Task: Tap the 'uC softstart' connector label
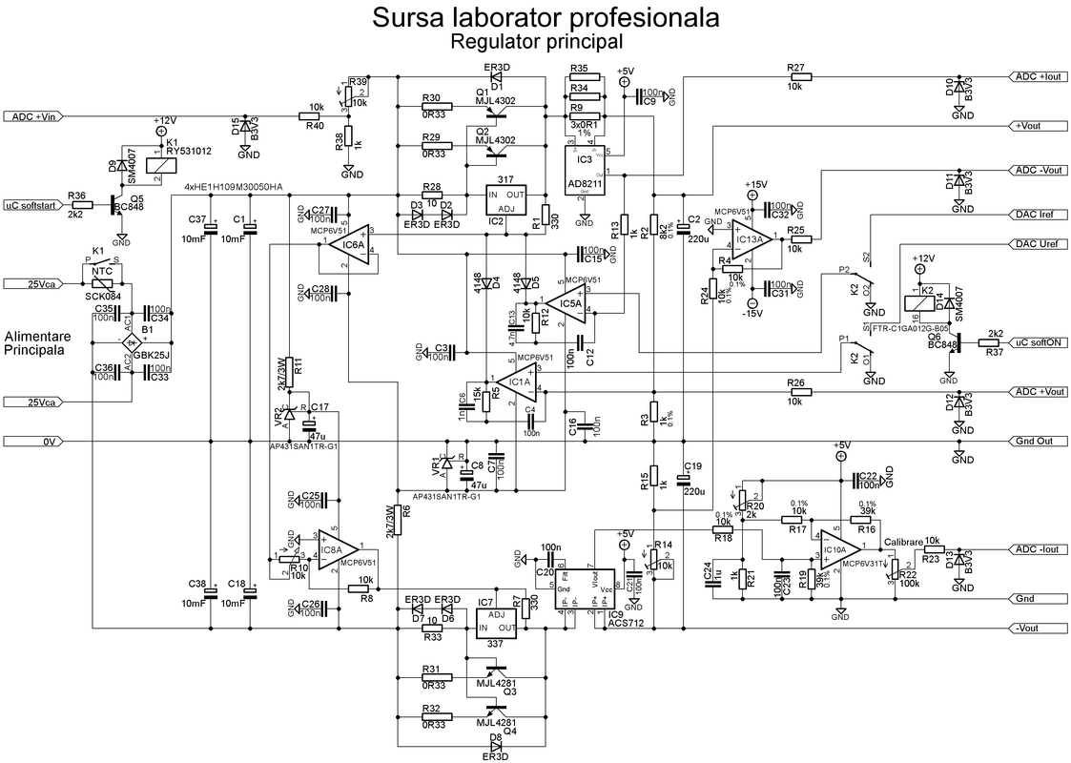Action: click(31, 205)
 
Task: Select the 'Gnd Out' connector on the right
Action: click(1037, 441)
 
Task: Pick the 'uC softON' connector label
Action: click(1037, 342)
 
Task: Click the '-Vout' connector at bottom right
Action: click(1037, 629)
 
